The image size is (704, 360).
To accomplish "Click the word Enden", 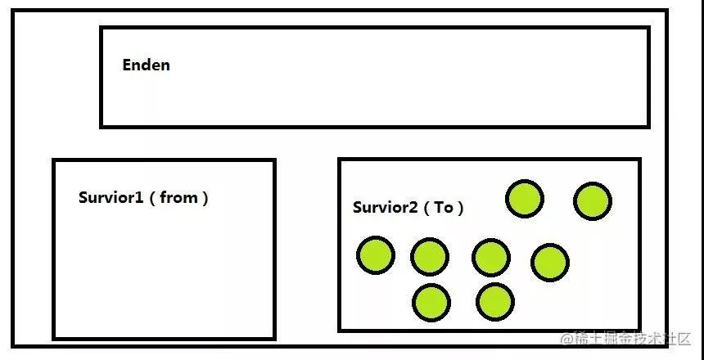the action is [x=146, y=65].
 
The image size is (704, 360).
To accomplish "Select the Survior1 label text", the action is [x=111, y=197].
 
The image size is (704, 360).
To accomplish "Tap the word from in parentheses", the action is [x=178, y=197].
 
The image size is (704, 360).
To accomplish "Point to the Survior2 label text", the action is [x=386, y=207].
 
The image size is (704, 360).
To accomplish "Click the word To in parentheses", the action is [x=444, y=208].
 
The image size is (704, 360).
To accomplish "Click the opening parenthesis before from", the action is [x=152, y=198].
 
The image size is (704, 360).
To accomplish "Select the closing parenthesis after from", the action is [x=205, y=198].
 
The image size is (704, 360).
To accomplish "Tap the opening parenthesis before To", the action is [x=427, y=208].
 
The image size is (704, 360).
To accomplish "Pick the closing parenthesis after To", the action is [x=460, y=208].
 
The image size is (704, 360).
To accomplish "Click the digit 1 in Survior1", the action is [x=139, y=197].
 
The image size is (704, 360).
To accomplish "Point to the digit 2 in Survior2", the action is [x=413, y=207].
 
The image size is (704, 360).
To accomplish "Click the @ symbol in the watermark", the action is [x=567, y=339].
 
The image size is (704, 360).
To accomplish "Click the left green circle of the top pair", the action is [x=525, y=198].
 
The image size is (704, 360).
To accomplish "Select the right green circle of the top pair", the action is [x=593, y=201].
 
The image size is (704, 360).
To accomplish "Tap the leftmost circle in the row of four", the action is [x=376, y=255].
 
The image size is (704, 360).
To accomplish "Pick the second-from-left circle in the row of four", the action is [x=430, y=257].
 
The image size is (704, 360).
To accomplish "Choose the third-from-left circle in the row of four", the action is [x=491, y=258].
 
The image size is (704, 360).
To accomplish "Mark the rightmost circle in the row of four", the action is [x=550, y=263].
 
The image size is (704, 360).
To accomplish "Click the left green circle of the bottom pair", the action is [x=431, y=303].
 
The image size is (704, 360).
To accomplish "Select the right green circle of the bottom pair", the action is [x=495, y=302].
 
